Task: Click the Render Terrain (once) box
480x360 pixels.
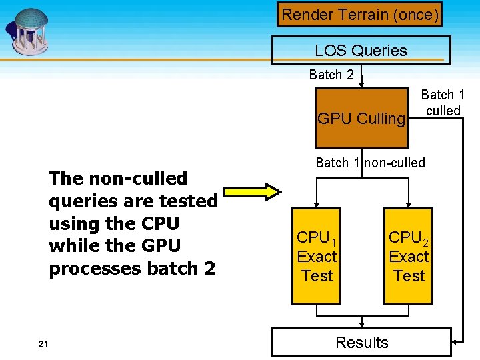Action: (360, 14)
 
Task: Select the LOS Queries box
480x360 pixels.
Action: (361, 51)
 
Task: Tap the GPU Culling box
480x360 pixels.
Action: (361, 119)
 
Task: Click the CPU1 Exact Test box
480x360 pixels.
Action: (317, 257)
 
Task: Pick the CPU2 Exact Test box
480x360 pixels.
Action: (408, 257)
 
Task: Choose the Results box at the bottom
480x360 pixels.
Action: (361, 343)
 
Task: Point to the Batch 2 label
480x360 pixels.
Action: (331, 75)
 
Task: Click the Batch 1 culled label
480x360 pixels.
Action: (443, 103)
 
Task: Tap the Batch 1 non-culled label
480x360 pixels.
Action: (370, 163)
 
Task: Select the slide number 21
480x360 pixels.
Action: (43, 344)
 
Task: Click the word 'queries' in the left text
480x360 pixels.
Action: (80, 201)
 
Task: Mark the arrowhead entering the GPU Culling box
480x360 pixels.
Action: (361, 85)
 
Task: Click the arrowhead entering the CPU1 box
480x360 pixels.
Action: (317, 204)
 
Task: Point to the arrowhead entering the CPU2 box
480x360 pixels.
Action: (408, 204)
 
